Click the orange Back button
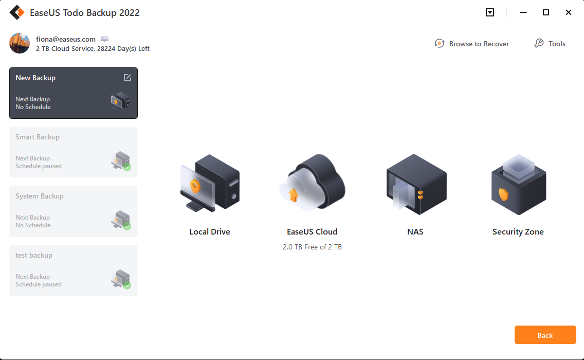545,335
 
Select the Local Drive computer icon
210,183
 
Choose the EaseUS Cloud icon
312,183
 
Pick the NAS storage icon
416,184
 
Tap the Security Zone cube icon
518,185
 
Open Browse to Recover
471,44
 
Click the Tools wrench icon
539,43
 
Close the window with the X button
569,12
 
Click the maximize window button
545,12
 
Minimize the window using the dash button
523,12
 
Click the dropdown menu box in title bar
490,12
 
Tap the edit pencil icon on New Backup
127,78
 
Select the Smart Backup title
37,137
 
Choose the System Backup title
40,196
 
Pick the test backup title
34,255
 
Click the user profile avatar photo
20,43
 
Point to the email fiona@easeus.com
66,39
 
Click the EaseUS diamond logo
17,12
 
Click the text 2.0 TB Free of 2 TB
312,247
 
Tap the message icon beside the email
105,39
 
